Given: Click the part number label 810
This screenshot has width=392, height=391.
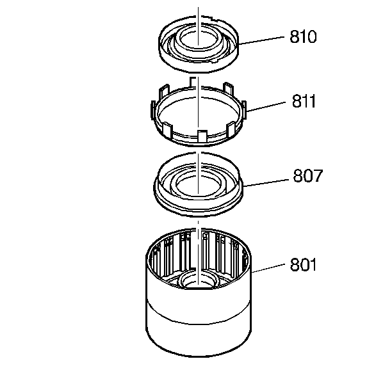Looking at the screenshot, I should [x=303, y=36].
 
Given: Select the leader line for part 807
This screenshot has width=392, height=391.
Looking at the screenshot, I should [x=267, y=181].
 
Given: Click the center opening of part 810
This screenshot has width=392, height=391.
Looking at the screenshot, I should [x=199, y=37].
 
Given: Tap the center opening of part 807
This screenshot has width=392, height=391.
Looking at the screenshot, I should [x=200, y=185].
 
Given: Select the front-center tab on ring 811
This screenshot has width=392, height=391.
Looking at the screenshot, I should [x=200, y=136].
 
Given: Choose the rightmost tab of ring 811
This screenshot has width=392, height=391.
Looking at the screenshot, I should [x=244, y=106].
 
